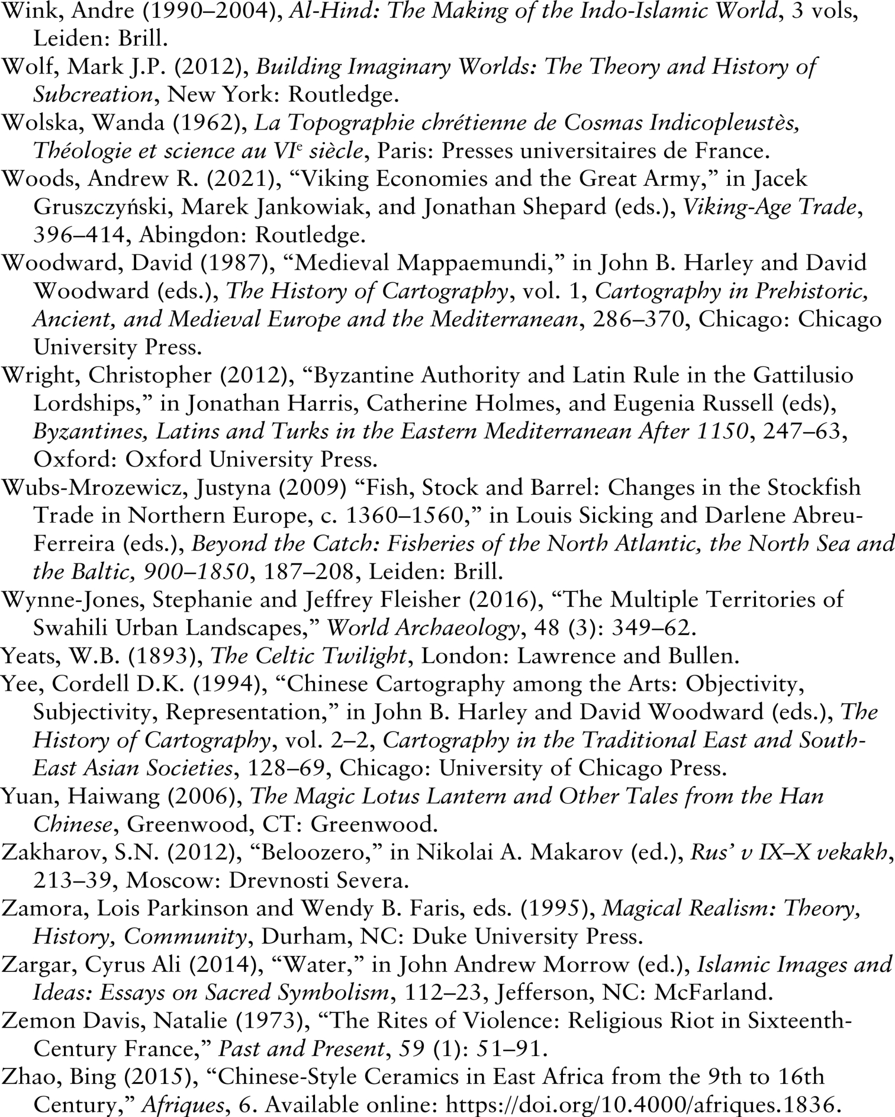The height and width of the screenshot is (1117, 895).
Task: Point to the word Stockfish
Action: pyautogui.click(x=813, y=487)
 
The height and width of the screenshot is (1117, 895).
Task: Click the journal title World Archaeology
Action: pyautogui.click(x=423, y=628)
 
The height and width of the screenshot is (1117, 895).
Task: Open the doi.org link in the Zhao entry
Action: pyautogui.click(x=642, y=1105)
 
